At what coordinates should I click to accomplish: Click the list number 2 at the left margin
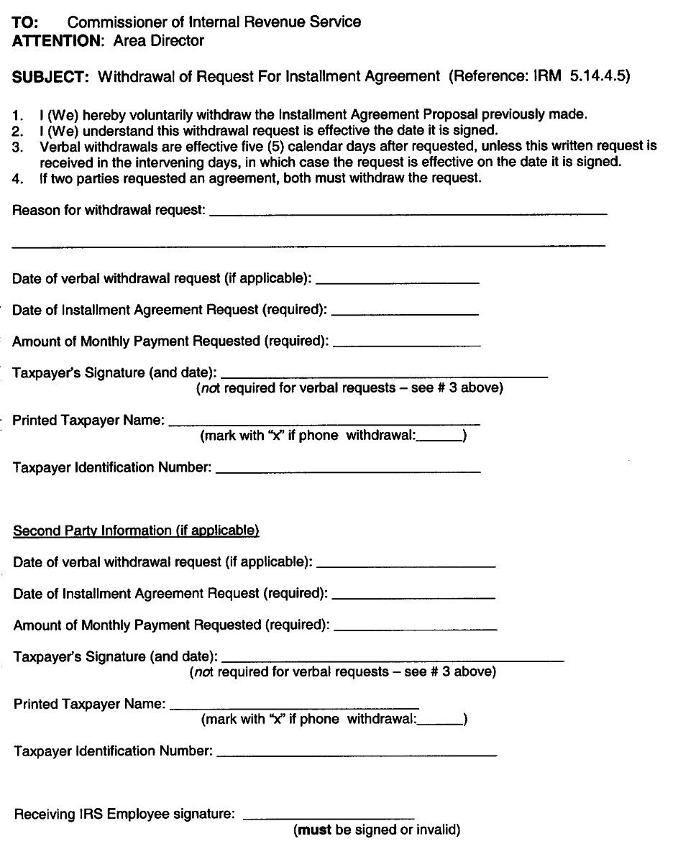click(x=17, y=131)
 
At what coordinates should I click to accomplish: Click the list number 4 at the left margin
click(x=17, y=178)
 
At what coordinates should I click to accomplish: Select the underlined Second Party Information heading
click(x=136, y=531)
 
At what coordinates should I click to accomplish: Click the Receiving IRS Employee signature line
click(x=329, y=817)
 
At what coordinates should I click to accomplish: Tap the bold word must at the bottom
click(x=313, y=830)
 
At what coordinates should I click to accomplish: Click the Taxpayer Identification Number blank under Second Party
click(x=356, y=755)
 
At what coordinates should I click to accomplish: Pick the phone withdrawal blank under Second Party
click(x=441, y=722)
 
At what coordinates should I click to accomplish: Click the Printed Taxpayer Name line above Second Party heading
click(x=324, y=423)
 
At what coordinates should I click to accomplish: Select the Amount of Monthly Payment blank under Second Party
click(x=416, y=629)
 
